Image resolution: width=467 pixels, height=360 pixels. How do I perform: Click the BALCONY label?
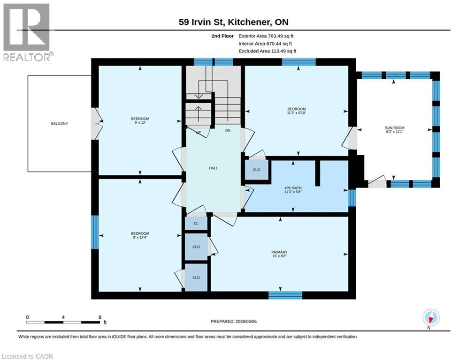coord(59,123)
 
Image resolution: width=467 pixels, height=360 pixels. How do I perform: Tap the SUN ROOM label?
coord(394,127)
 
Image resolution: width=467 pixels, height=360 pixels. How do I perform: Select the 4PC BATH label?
coord(293,188)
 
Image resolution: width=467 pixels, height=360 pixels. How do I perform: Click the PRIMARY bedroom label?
coord(279,252)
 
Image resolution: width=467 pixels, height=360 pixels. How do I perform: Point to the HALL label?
coord(213,168)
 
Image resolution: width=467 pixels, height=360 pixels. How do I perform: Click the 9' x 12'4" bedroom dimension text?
coord(140,237)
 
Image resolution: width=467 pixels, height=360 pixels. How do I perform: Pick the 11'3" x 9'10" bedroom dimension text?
coord(296,113)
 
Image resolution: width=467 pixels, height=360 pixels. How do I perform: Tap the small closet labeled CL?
coord(196,224)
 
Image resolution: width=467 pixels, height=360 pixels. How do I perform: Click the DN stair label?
coord(228,130)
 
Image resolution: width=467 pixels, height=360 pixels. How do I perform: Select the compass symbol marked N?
coord(430,317)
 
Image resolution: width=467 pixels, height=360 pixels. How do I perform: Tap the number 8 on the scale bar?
coord(100,317)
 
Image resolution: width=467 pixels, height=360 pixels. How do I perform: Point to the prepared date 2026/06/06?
coord(246,321)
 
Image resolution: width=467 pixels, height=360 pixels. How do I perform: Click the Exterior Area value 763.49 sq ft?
coord(281,36)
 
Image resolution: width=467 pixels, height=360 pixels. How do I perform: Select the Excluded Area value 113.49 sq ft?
coord(283,51)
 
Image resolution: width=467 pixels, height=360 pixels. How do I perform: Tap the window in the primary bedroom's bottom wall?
coord(285,295)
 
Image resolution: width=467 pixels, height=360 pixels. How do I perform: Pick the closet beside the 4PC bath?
coord(256,170)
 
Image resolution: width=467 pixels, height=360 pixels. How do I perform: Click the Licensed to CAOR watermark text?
coord(27,356)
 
